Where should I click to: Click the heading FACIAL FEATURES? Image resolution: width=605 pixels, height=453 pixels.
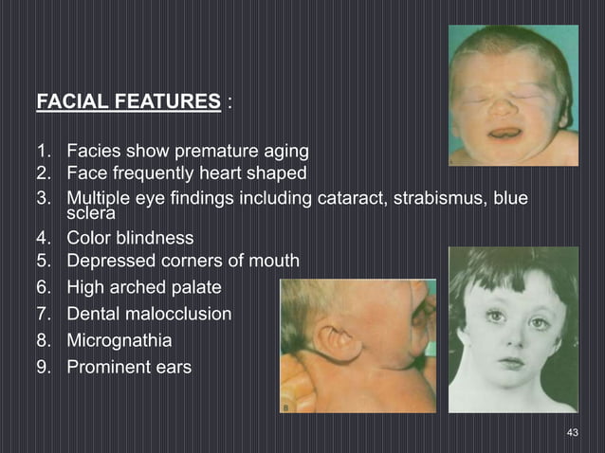coord(127,101)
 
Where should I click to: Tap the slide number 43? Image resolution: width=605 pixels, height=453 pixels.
coord(572,432)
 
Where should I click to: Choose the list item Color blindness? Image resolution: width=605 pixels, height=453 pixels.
coord(130,238)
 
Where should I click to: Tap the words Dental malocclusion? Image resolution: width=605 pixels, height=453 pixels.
coord(149,314)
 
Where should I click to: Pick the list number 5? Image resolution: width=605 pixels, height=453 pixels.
coord(43,261)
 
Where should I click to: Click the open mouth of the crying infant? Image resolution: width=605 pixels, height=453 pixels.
coord(504,134)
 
